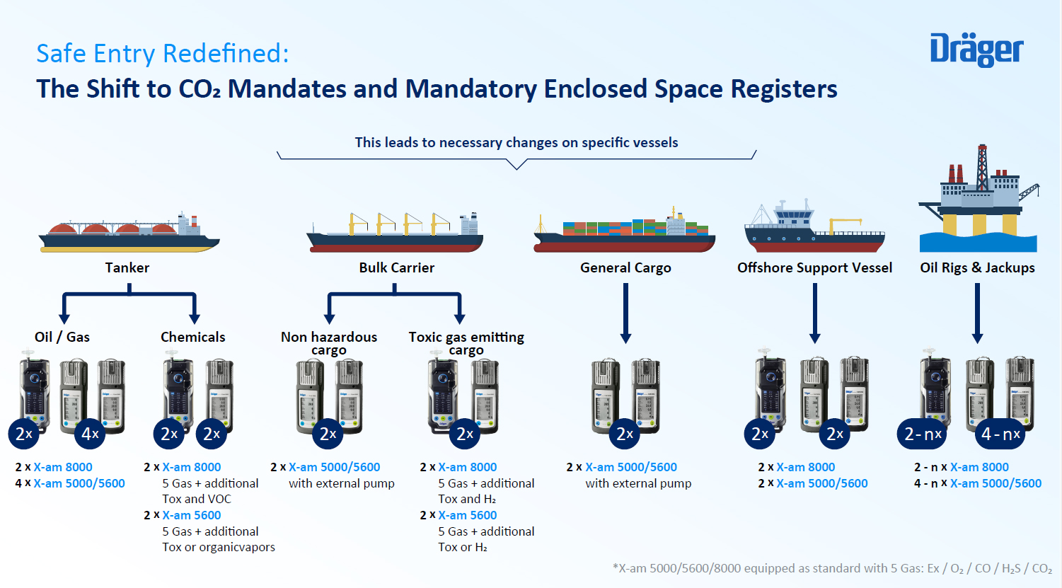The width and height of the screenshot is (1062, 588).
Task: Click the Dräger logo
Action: [976, 50]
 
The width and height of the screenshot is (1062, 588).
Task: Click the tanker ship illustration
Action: [129, 234]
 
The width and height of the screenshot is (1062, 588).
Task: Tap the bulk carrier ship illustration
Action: [395, 234]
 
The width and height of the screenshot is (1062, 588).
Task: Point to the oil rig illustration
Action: [978, 202]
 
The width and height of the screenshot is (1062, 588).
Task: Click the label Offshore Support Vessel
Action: [814, 267]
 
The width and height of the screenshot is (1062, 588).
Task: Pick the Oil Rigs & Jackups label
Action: [977, 267]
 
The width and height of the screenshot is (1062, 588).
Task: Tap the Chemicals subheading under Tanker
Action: [192, 337]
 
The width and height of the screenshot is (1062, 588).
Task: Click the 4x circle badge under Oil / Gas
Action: [90, 434]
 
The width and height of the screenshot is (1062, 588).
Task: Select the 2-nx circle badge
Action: [922, 434]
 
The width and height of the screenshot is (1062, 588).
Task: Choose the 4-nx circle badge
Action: [1000, 434]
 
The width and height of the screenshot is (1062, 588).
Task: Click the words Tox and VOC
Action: [197, 499]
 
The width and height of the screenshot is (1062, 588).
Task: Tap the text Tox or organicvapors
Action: [219, 547]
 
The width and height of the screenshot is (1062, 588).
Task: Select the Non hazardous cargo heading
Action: [329, 343]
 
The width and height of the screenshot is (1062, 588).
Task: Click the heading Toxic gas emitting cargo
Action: [466, 343]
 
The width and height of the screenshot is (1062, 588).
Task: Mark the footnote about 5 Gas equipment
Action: [832, 568]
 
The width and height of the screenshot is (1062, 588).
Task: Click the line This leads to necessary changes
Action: [516, 142]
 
